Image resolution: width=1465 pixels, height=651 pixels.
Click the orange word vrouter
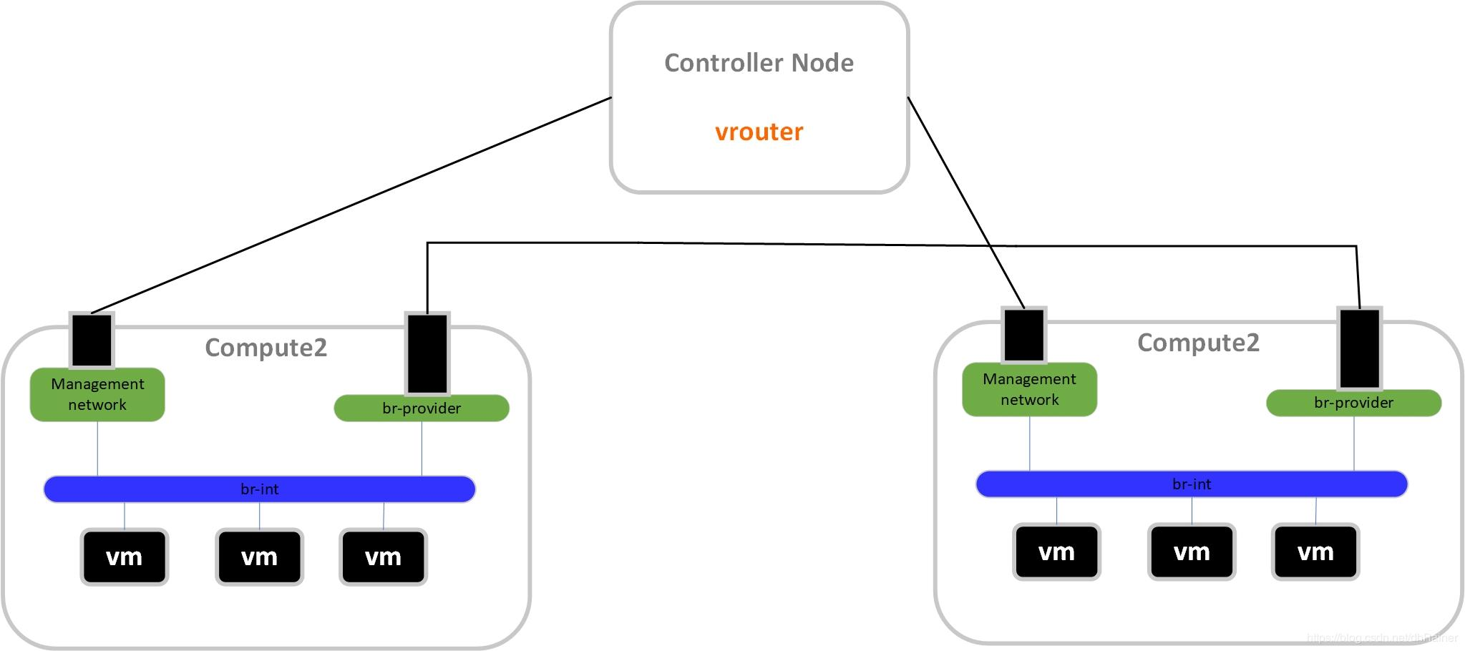759,132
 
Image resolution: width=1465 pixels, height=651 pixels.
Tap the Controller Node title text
759,63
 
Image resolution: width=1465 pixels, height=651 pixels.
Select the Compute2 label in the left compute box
266,348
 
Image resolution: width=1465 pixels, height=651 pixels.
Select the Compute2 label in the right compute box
1198,343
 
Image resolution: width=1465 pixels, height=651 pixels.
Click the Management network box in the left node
97,394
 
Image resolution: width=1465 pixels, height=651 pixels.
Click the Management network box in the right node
1029,389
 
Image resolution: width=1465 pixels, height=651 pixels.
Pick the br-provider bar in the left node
422,408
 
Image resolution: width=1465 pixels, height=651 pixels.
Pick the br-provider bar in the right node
1353,403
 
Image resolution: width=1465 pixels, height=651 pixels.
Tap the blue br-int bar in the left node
259,489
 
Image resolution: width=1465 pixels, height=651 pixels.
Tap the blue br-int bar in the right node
1192,484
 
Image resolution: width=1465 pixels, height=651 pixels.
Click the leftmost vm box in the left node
125,557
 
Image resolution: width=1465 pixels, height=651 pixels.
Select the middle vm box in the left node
259,557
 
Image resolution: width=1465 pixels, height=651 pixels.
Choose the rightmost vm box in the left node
383,557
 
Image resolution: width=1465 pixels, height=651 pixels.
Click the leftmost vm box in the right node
1056,552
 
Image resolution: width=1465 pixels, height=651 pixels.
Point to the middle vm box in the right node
1192,552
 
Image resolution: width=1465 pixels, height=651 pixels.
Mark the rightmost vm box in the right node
1315,552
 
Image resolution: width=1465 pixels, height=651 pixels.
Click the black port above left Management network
92,340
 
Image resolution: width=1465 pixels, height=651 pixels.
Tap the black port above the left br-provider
427,353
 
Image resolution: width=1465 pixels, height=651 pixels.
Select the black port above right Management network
1024,334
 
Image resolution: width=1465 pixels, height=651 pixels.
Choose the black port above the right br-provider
1359,348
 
